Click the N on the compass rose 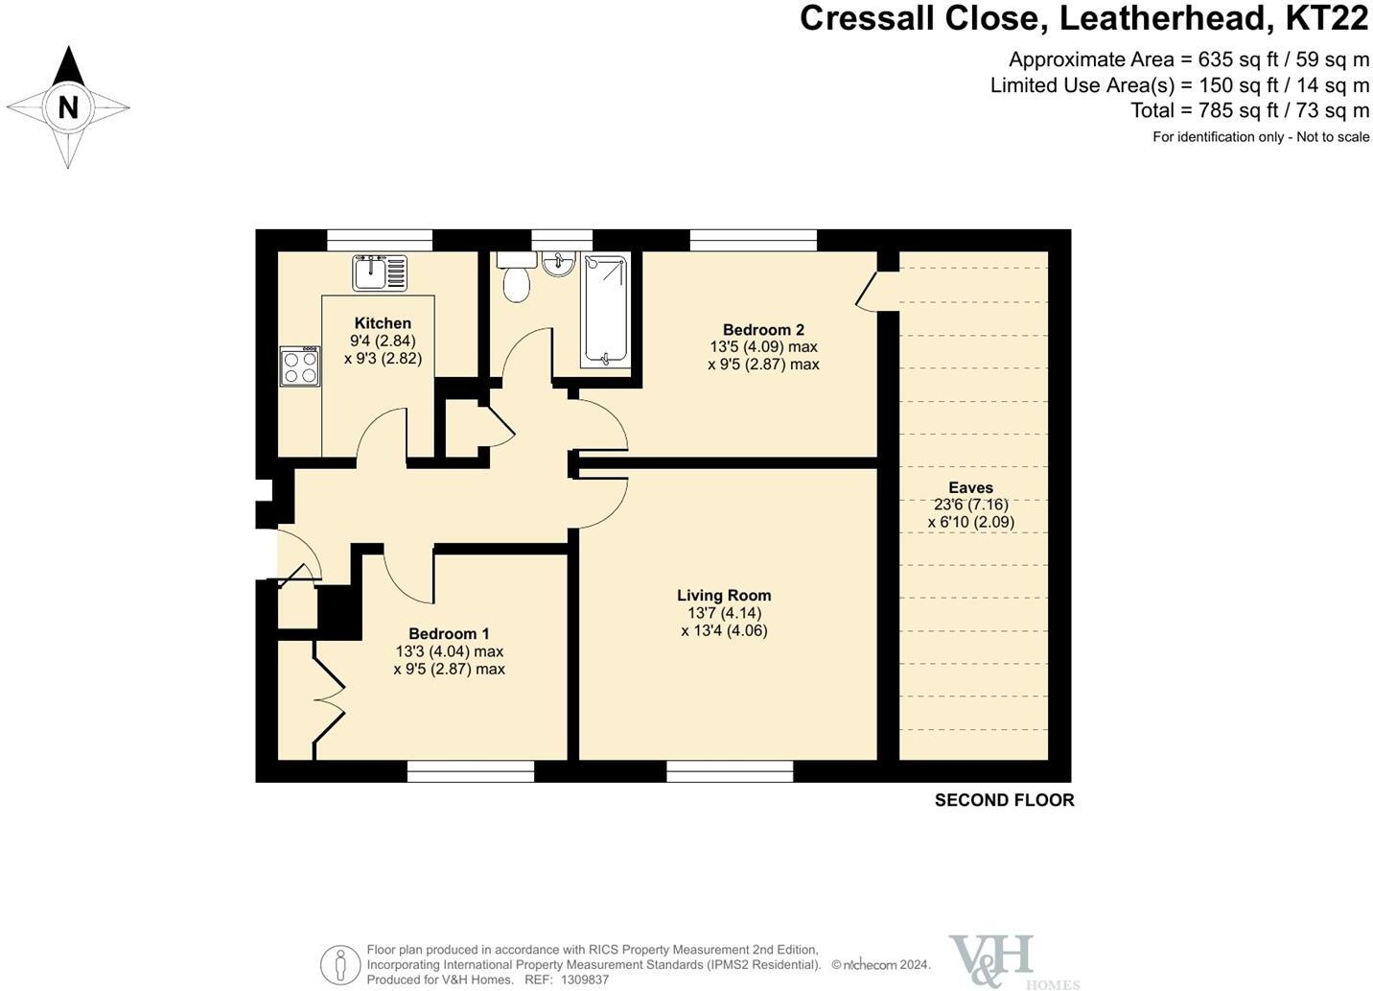tap(68, 108)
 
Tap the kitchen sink tap(380, 272)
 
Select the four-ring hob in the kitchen tap(300, 366)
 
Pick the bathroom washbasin tap(558, 264)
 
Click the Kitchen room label tap(384, 323)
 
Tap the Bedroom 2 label tap(763, 330)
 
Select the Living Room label tap(724, 596)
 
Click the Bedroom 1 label tap(450, 633)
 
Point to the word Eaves tap(971, 487)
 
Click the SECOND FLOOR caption tap(1004, 800)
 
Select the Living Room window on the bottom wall tap(730, 771)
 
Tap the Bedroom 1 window tap(471, 771)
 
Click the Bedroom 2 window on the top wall tap(754, 241)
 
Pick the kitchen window tap(380, 241)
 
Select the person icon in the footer tap(340, 965)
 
